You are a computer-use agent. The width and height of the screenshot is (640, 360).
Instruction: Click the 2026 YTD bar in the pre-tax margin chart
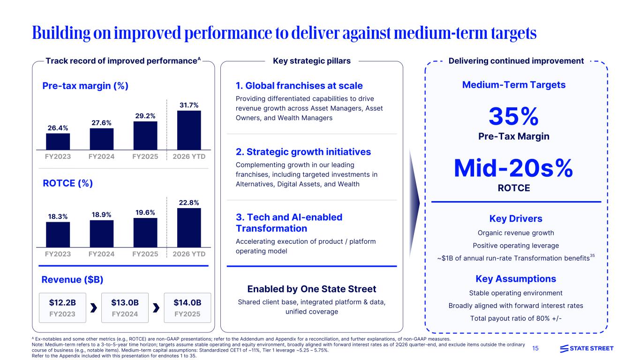pyautogui.click(x=189, y=130)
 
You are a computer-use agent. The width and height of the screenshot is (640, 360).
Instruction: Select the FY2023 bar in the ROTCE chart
pyautogui.click(x=58, y=234)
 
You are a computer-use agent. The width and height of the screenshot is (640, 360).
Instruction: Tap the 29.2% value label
pyautogui.click(x=145, y=116)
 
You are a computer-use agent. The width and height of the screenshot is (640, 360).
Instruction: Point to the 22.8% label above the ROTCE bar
pyautogui.click(x=189, y=202)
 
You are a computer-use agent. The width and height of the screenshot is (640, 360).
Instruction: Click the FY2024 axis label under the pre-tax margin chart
pyautogui.click(x=101, y=157)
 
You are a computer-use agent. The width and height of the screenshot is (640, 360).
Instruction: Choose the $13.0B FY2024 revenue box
pyautogui.click(x=125, y=307)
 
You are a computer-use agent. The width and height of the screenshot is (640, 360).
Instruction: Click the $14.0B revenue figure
pyautogui.click(x=188, y=302)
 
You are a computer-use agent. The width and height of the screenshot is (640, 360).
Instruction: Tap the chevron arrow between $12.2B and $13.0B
pyautogui.click(x=94, y=307)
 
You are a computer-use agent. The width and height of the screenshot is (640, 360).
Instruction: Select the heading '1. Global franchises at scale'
pyautogui.click(x=299, y=85)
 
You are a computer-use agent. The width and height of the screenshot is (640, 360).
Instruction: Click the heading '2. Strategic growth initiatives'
pyautogui.click(x=303, y=152)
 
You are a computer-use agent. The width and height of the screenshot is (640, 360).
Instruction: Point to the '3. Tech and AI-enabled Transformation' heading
pyautogui.click(x=289, y=223)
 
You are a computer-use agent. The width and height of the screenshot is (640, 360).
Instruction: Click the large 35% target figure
pyautogui.click(x=514, y=116)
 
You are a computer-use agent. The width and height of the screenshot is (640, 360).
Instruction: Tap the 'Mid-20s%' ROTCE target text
pyautogui.click(x=513, y=168)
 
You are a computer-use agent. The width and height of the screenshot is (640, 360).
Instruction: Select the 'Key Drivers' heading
pyautogui.click(x=516, y=218)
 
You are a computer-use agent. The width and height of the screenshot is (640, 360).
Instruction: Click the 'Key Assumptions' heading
pyautogui.click(x=516, y=278)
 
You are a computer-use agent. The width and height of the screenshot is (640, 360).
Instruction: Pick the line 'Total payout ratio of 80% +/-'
pyautogui.click(x=516, y=318)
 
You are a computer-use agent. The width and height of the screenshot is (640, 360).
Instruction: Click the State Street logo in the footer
pyautogui.click(x=587, y=348)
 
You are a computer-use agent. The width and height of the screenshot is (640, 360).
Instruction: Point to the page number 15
pyautogui.click(x=535, y=348)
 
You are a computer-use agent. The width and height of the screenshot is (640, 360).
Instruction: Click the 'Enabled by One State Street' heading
pyautogui.click(x=312, y=289)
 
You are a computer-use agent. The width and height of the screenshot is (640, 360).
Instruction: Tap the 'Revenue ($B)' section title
pyautogui.click(x=72, y=279)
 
